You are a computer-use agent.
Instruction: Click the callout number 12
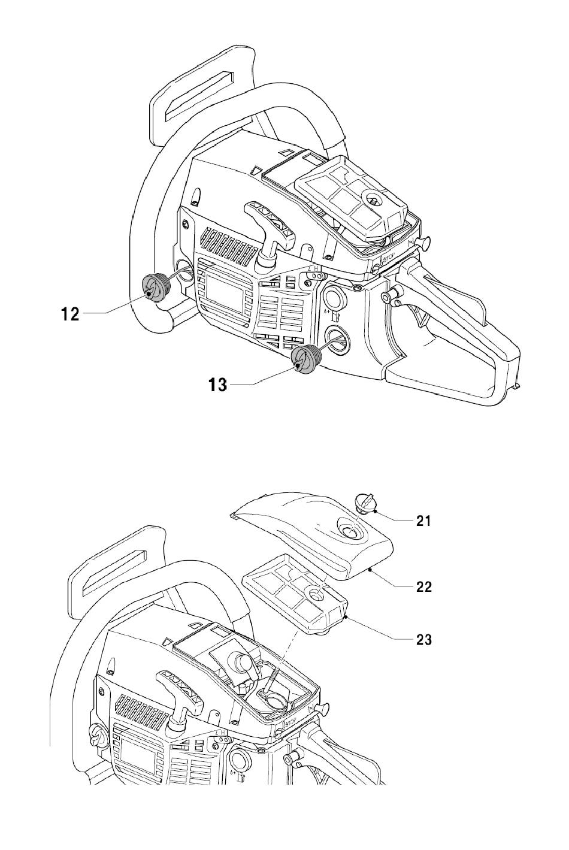[x=71, y=314]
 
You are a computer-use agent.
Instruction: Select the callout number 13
[x=218, y=385]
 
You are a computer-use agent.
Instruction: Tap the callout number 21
[x=423, y=521]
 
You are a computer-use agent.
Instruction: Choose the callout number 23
[x=423, y=640]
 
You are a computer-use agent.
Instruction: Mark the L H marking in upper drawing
[x=315, y=269]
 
